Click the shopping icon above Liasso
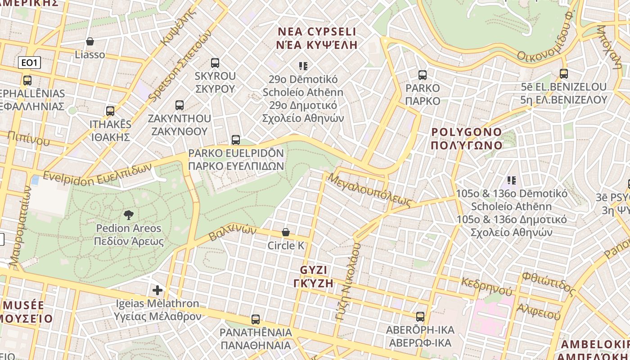[90, 41]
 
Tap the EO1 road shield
[29, 63]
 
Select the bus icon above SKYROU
[215, 63]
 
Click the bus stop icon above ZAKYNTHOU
[180, 106]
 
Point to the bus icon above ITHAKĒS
[110, 111]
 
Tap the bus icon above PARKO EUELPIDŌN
[235, 140]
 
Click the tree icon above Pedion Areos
[129, 215]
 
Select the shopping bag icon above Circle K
[285, 232]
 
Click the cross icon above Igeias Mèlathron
[157, 290]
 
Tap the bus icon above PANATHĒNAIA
[256, 319]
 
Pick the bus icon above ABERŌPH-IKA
[420, 317]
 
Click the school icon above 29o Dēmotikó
[303, 67]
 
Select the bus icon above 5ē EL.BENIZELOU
[563, 74]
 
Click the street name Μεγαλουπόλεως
[370, 190]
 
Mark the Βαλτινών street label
[233, 233]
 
